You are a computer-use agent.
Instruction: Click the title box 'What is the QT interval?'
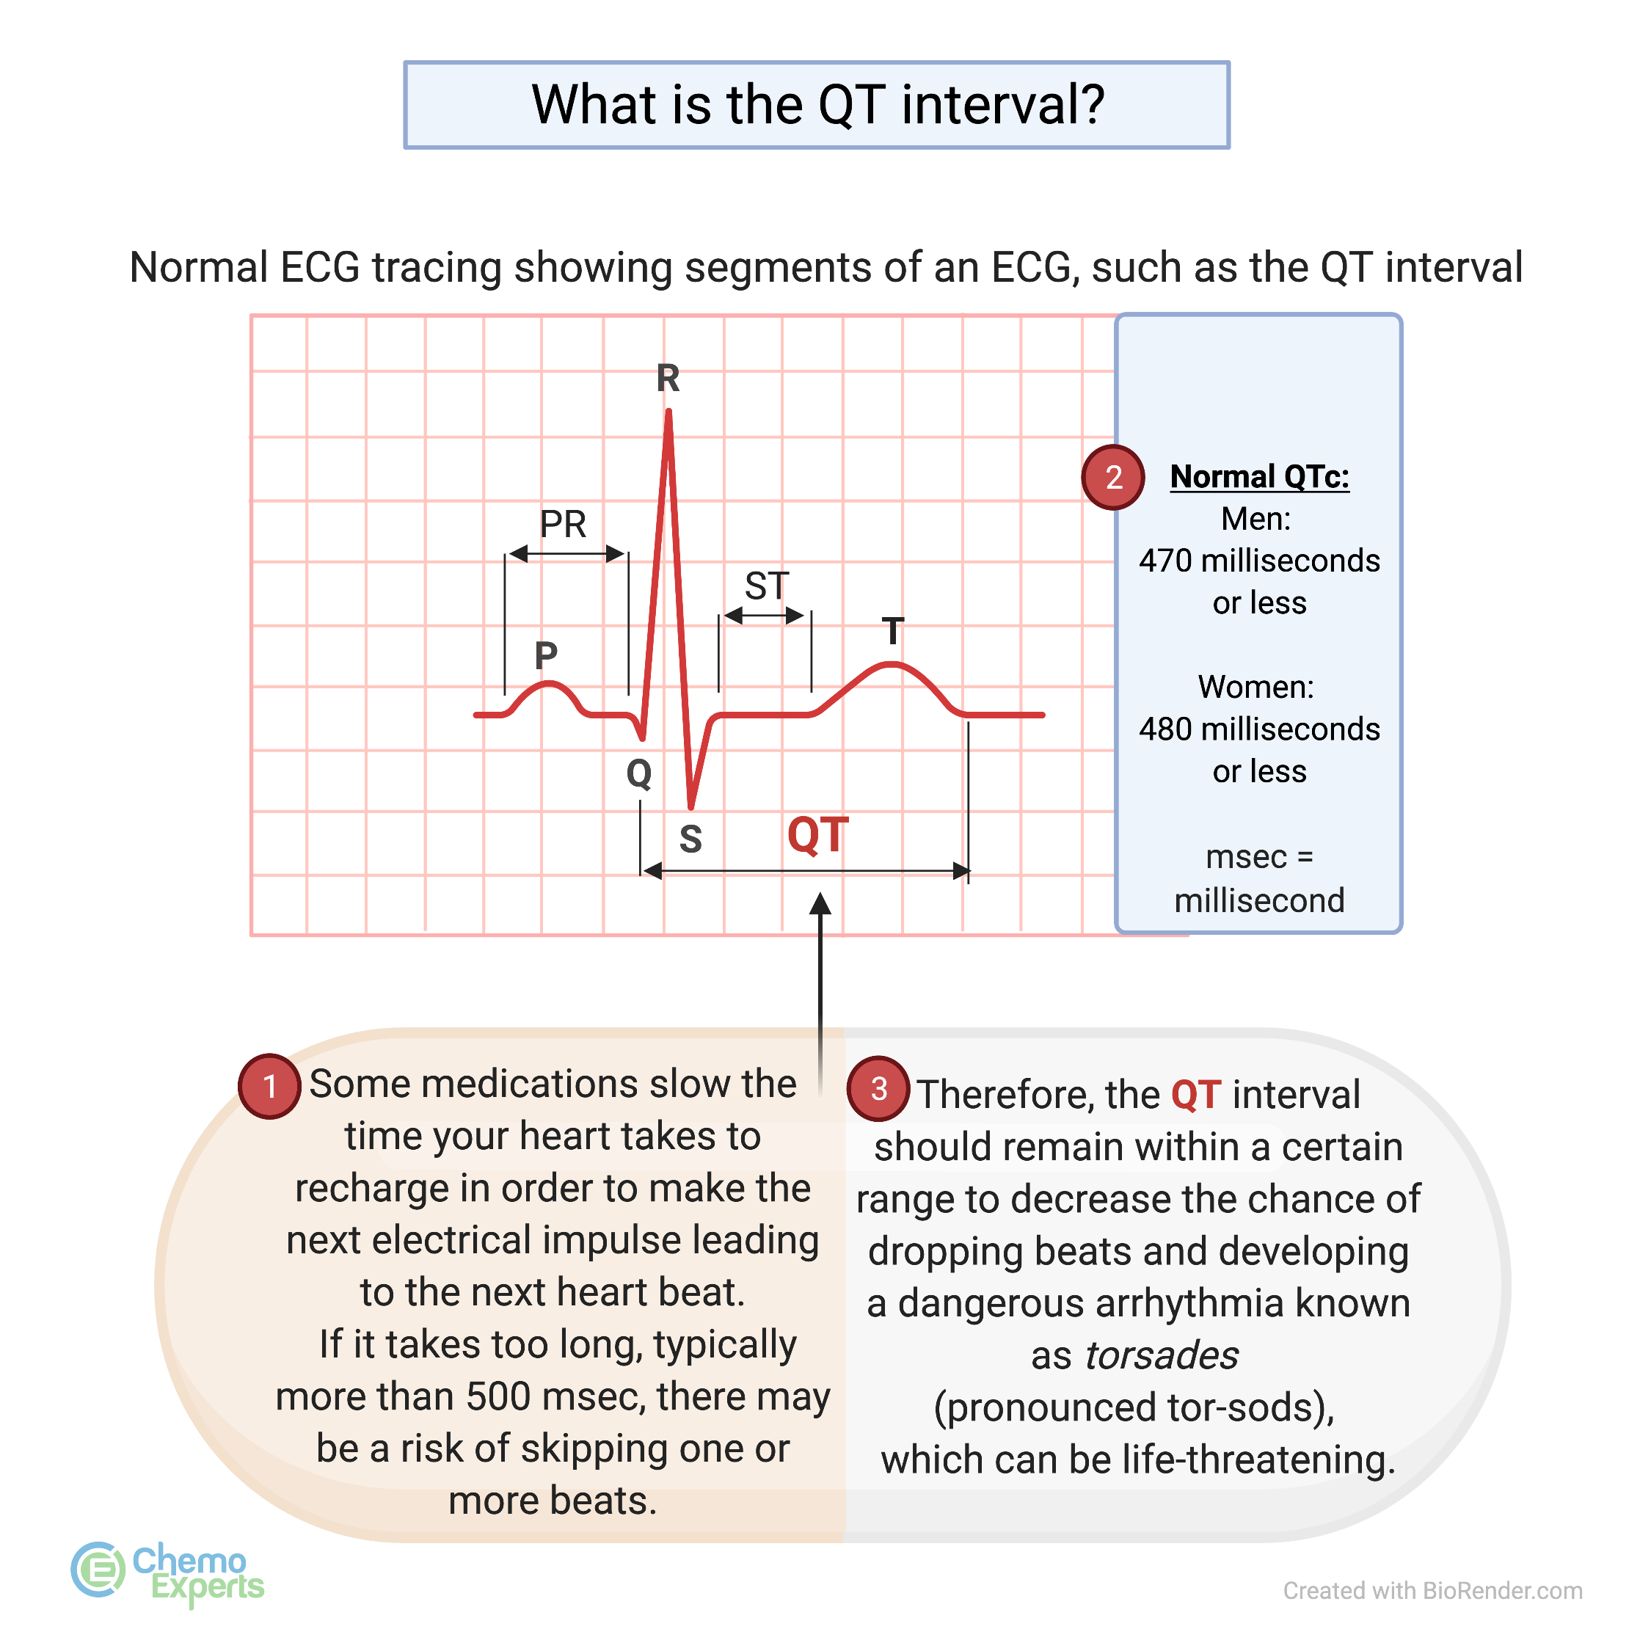(x=816, y=105)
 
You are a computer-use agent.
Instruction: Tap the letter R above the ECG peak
(x=668, y=378)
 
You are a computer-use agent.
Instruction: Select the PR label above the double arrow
(x=562, y=524)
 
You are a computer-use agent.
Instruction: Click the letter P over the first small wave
(x=545, y=655)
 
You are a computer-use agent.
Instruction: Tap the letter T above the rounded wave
(x=892, y=632)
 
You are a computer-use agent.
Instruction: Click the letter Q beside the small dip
(x=638, y=773)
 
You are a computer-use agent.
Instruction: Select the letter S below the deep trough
(x=690, y=839)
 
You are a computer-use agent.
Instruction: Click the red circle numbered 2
(x=1112, y=477)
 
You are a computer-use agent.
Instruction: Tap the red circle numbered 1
(x=269, y=1085)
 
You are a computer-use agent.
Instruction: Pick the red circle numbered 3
(x=878, y=1089)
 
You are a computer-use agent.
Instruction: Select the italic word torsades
(x=1162, y=1355)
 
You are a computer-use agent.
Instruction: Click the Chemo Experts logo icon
(x=98, y=1569)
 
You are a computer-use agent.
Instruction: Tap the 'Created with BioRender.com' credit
(x=1432, y=1590)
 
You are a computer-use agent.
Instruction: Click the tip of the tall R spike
(x=668, y=414)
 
